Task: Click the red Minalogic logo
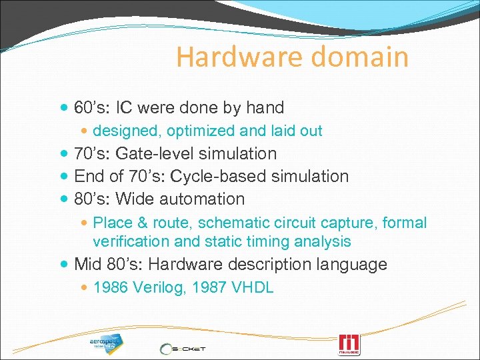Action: pos(349,344)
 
